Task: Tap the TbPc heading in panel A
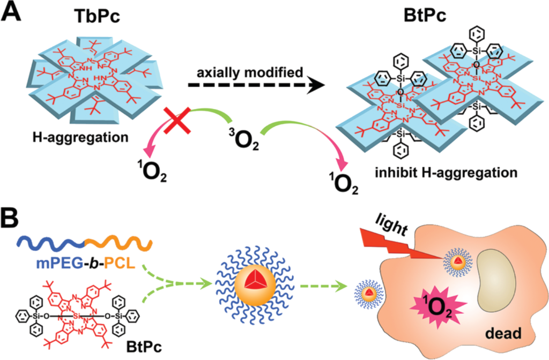(98, 17)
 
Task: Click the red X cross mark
(178, 121)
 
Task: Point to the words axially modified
(250, 72)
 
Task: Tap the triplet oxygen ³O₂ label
(244, 139)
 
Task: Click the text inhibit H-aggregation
(446, 173)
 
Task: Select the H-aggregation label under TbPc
(80, 137)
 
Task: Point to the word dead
(503, 333)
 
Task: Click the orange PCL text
(119, 263)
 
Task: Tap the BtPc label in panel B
(144, 347)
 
